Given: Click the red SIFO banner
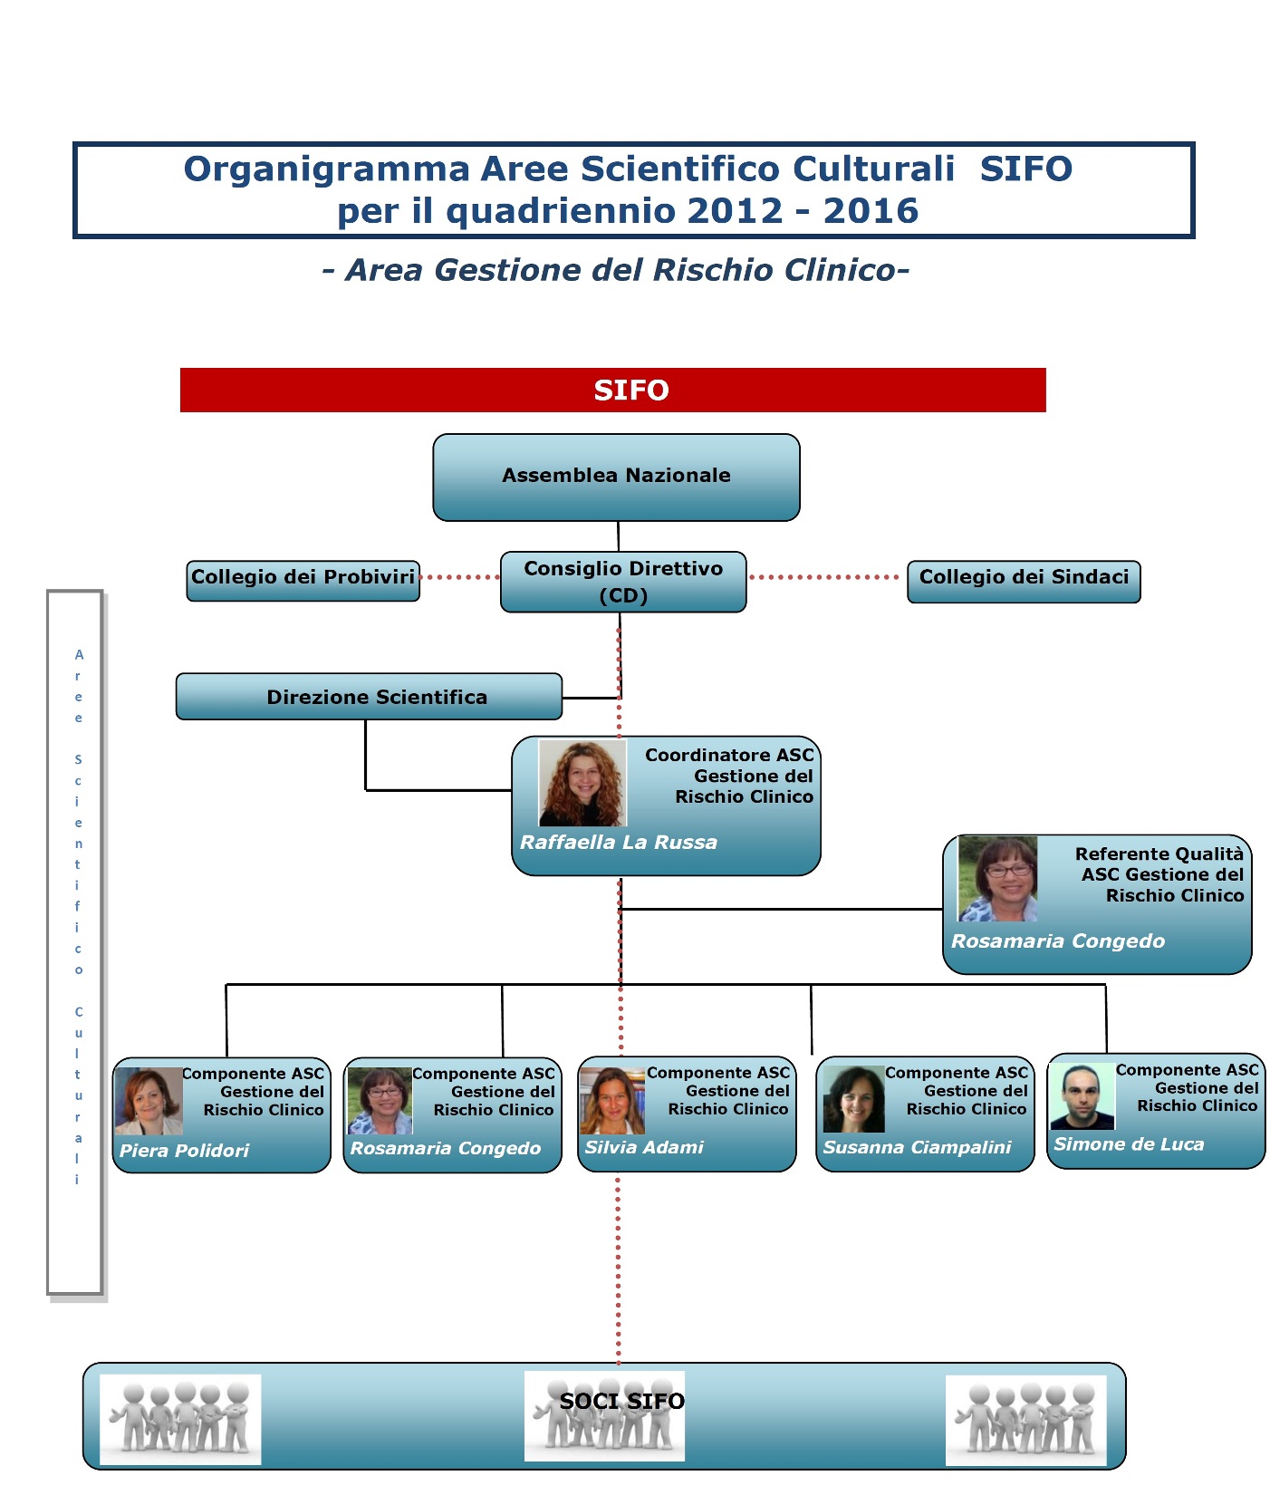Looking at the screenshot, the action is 613,390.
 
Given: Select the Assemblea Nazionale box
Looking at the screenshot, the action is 616,478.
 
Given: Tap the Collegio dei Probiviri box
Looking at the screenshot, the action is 303,581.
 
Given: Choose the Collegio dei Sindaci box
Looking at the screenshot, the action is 1024,581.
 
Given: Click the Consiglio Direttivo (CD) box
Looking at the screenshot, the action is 623,582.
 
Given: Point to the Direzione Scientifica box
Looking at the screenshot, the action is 369,696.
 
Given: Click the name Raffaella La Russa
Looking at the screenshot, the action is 619,842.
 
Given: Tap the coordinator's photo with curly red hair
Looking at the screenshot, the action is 582,782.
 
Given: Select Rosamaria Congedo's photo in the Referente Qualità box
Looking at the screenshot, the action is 997,878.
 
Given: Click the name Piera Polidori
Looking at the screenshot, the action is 184,1150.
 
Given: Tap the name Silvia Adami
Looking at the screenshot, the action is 644,1146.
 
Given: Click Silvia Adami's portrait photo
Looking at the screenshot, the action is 612,1100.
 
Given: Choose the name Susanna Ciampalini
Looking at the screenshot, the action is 917,1146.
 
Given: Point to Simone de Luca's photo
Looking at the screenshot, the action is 1082,1096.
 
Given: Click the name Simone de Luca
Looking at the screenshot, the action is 1129,1143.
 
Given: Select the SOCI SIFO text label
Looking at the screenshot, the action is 621,1401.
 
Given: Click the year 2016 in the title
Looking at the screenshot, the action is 871,211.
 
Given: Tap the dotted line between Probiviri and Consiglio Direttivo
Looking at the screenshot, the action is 460,577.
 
